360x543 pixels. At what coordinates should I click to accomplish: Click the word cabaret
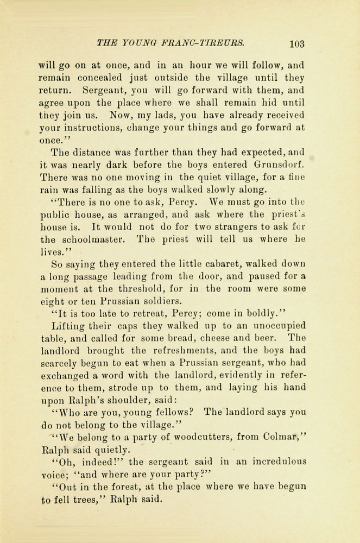(x=185, y=265)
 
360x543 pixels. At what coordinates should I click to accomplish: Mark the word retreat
(x=144, y=314)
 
